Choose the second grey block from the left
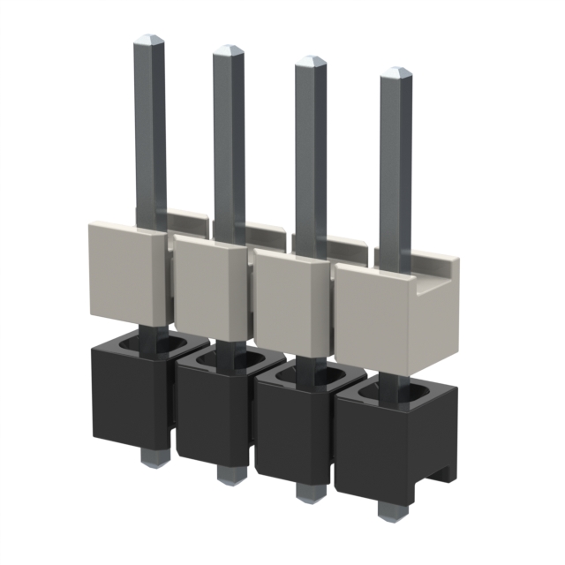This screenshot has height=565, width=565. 207,287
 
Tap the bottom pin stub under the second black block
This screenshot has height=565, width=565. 228,474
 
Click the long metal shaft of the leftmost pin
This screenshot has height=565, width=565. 150,132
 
